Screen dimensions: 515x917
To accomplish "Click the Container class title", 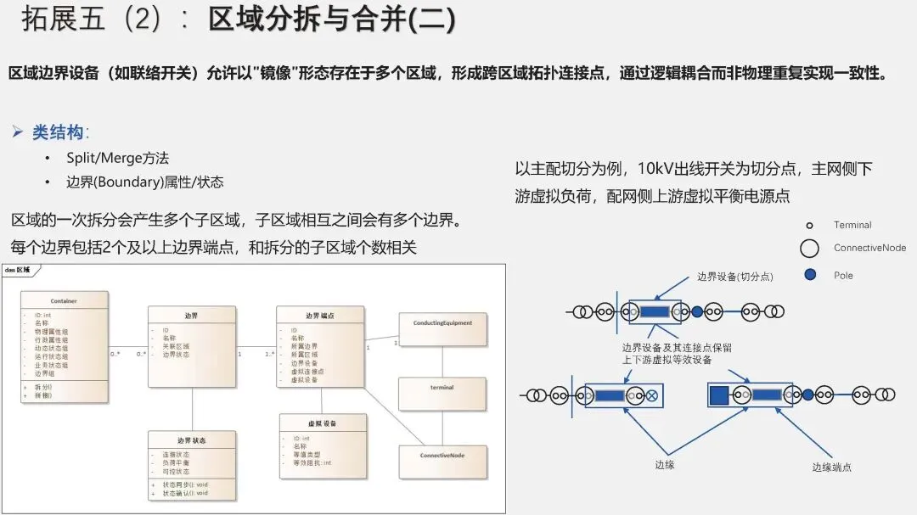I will (64, 301).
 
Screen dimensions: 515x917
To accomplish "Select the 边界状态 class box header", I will (191, 441).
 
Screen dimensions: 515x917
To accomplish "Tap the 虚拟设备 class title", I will (323, 423).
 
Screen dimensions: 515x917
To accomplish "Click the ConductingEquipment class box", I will (442, 328).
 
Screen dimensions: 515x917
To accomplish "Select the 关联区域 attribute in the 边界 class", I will (176, 346).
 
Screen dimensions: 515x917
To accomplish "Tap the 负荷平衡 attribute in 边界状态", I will (177, 463).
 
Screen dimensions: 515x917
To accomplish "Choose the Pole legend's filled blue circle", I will (810, 275).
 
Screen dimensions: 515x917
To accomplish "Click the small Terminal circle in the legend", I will (809, 226).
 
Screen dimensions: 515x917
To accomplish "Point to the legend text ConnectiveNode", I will (869, 248).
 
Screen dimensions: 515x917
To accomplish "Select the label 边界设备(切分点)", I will (735, 277).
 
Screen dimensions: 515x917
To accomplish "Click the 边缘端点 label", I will (831, 467).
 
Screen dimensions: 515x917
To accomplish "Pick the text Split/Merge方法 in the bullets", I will (118, 158).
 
